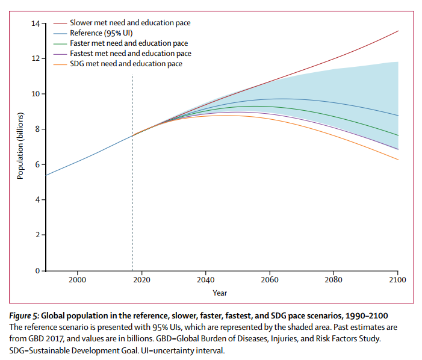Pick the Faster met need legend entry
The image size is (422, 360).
pos(128,43)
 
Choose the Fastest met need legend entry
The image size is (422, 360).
pos(130,54)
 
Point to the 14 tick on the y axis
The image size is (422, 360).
pos(36,23)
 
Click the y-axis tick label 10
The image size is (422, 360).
pos(36,94)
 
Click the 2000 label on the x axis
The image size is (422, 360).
pos(77,281)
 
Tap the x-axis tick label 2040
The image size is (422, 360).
pos(205,281)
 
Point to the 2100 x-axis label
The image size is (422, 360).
pos(397,281)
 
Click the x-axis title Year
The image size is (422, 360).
pos(220,293)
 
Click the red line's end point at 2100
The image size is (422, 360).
pos(397,31)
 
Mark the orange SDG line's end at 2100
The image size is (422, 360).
pos(397,160)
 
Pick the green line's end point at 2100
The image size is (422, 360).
pos(397,135)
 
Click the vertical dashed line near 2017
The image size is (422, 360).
pos(132,181)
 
